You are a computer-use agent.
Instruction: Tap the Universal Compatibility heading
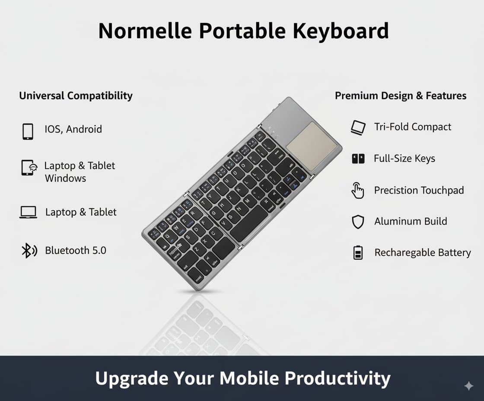point(76,95)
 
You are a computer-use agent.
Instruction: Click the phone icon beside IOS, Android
point(28,131)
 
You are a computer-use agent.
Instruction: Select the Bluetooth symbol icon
point(29,251)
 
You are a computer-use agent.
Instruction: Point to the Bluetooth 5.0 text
point(76,250)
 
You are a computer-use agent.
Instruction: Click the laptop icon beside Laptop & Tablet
point(28,212)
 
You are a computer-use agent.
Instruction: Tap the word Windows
point(65,178)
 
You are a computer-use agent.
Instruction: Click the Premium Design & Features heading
point(401,95)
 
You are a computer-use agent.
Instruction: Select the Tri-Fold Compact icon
point(358,127)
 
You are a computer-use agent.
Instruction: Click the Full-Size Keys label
point(404,159)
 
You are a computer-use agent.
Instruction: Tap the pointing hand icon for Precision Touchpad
point(357,191)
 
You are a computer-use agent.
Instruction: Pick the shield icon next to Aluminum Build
point(358,222)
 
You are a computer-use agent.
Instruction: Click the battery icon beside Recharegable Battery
point(358,253)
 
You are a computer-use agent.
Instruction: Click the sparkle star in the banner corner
point(468,386)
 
